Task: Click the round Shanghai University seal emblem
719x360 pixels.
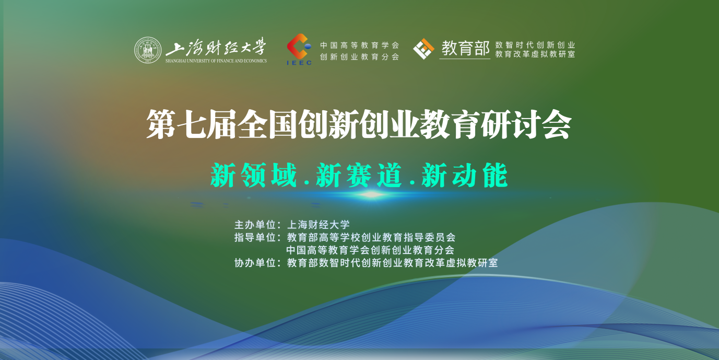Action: [x=148, y=50]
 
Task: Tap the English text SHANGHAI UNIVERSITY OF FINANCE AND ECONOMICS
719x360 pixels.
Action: [x=216, y=61]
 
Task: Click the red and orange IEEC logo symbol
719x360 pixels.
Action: [x=299, y=47]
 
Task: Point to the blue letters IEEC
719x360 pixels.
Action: [x=299, y=63]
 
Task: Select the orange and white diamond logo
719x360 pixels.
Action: [x=423, y=49]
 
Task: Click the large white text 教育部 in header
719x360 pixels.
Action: [x=465, y=48]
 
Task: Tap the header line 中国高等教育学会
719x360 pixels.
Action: [x=359, y=45]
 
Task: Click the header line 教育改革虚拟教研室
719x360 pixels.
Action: [x=535, y=54]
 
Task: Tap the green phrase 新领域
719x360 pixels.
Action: [x=254, y=175]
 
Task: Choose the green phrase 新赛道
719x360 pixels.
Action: [x=359, y=175]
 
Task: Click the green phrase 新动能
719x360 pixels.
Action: [x=465, y=175]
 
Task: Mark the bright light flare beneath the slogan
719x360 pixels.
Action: [x=371, y=194]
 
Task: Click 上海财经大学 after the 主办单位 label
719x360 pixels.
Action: [x=318, y=225]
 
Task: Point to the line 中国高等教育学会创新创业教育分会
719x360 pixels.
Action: [x=370, y=250]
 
